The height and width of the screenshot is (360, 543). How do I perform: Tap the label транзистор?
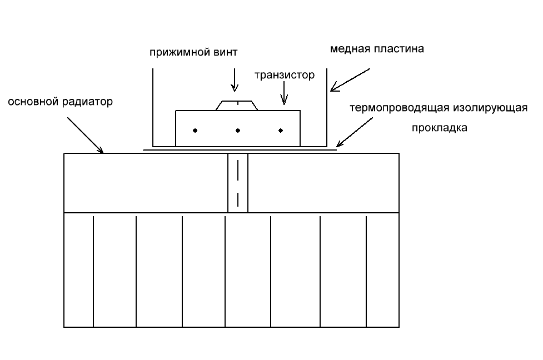pyautogui.click(x=285, y=75)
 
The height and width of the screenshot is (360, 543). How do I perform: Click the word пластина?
pyautogui.click(x=398, y=49)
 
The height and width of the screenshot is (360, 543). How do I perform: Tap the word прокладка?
pyautogui.click(x=439, y=127)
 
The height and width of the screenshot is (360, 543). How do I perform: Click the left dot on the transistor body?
pyautogui.click(x=195, y=131)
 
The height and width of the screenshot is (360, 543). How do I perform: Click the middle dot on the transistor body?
pyautogui.click(x=238, y=131)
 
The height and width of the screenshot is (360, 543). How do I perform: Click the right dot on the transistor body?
pyautogui.click(x=281, y=131)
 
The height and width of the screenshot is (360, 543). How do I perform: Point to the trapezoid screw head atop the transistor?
pyautogui.click(x=237, y=106)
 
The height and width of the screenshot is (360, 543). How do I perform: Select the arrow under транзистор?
pyautogui.click(x=284, y=92)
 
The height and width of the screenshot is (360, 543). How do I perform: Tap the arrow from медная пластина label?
pyautogui.click(x=350, y=80)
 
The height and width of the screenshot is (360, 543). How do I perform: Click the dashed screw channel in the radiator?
pyautogui.click(x=238, y=183)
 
